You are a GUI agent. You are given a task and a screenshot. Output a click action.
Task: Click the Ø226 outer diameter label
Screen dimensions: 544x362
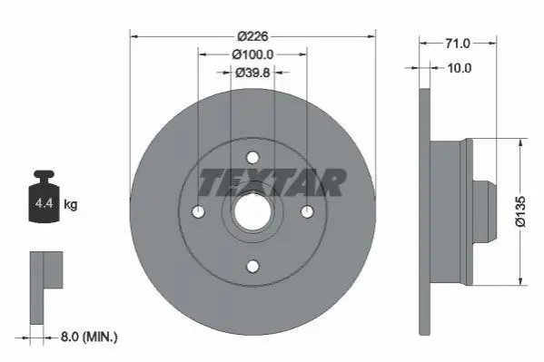(252, 36)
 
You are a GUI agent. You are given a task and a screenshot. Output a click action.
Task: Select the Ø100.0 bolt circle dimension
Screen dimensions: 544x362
(252, 54)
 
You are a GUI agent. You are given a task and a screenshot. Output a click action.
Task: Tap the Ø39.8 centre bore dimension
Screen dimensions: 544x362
(252, 73)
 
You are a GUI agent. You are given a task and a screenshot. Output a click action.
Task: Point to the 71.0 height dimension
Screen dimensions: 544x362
(458, 44)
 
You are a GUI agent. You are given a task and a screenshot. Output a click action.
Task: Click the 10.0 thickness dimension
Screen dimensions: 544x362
(460, 68)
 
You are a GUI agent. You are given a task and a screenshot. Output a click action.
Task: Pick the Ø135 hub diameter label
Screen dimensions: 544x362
(520, 211)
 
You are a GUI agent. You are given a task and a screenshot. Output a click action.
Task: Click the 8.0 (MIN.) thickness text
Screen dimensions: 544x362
(89, 337)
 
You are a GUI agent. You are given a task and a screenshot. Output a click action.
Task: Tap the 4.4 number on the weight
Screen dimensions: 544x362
(45, 203)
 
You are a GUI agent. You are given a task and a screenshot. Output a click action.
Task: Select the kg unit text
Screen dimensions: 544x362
(71, 204)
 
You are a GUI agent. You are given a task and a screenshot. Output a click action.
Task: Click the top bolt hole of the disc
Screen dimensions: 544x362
(252, 158)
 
